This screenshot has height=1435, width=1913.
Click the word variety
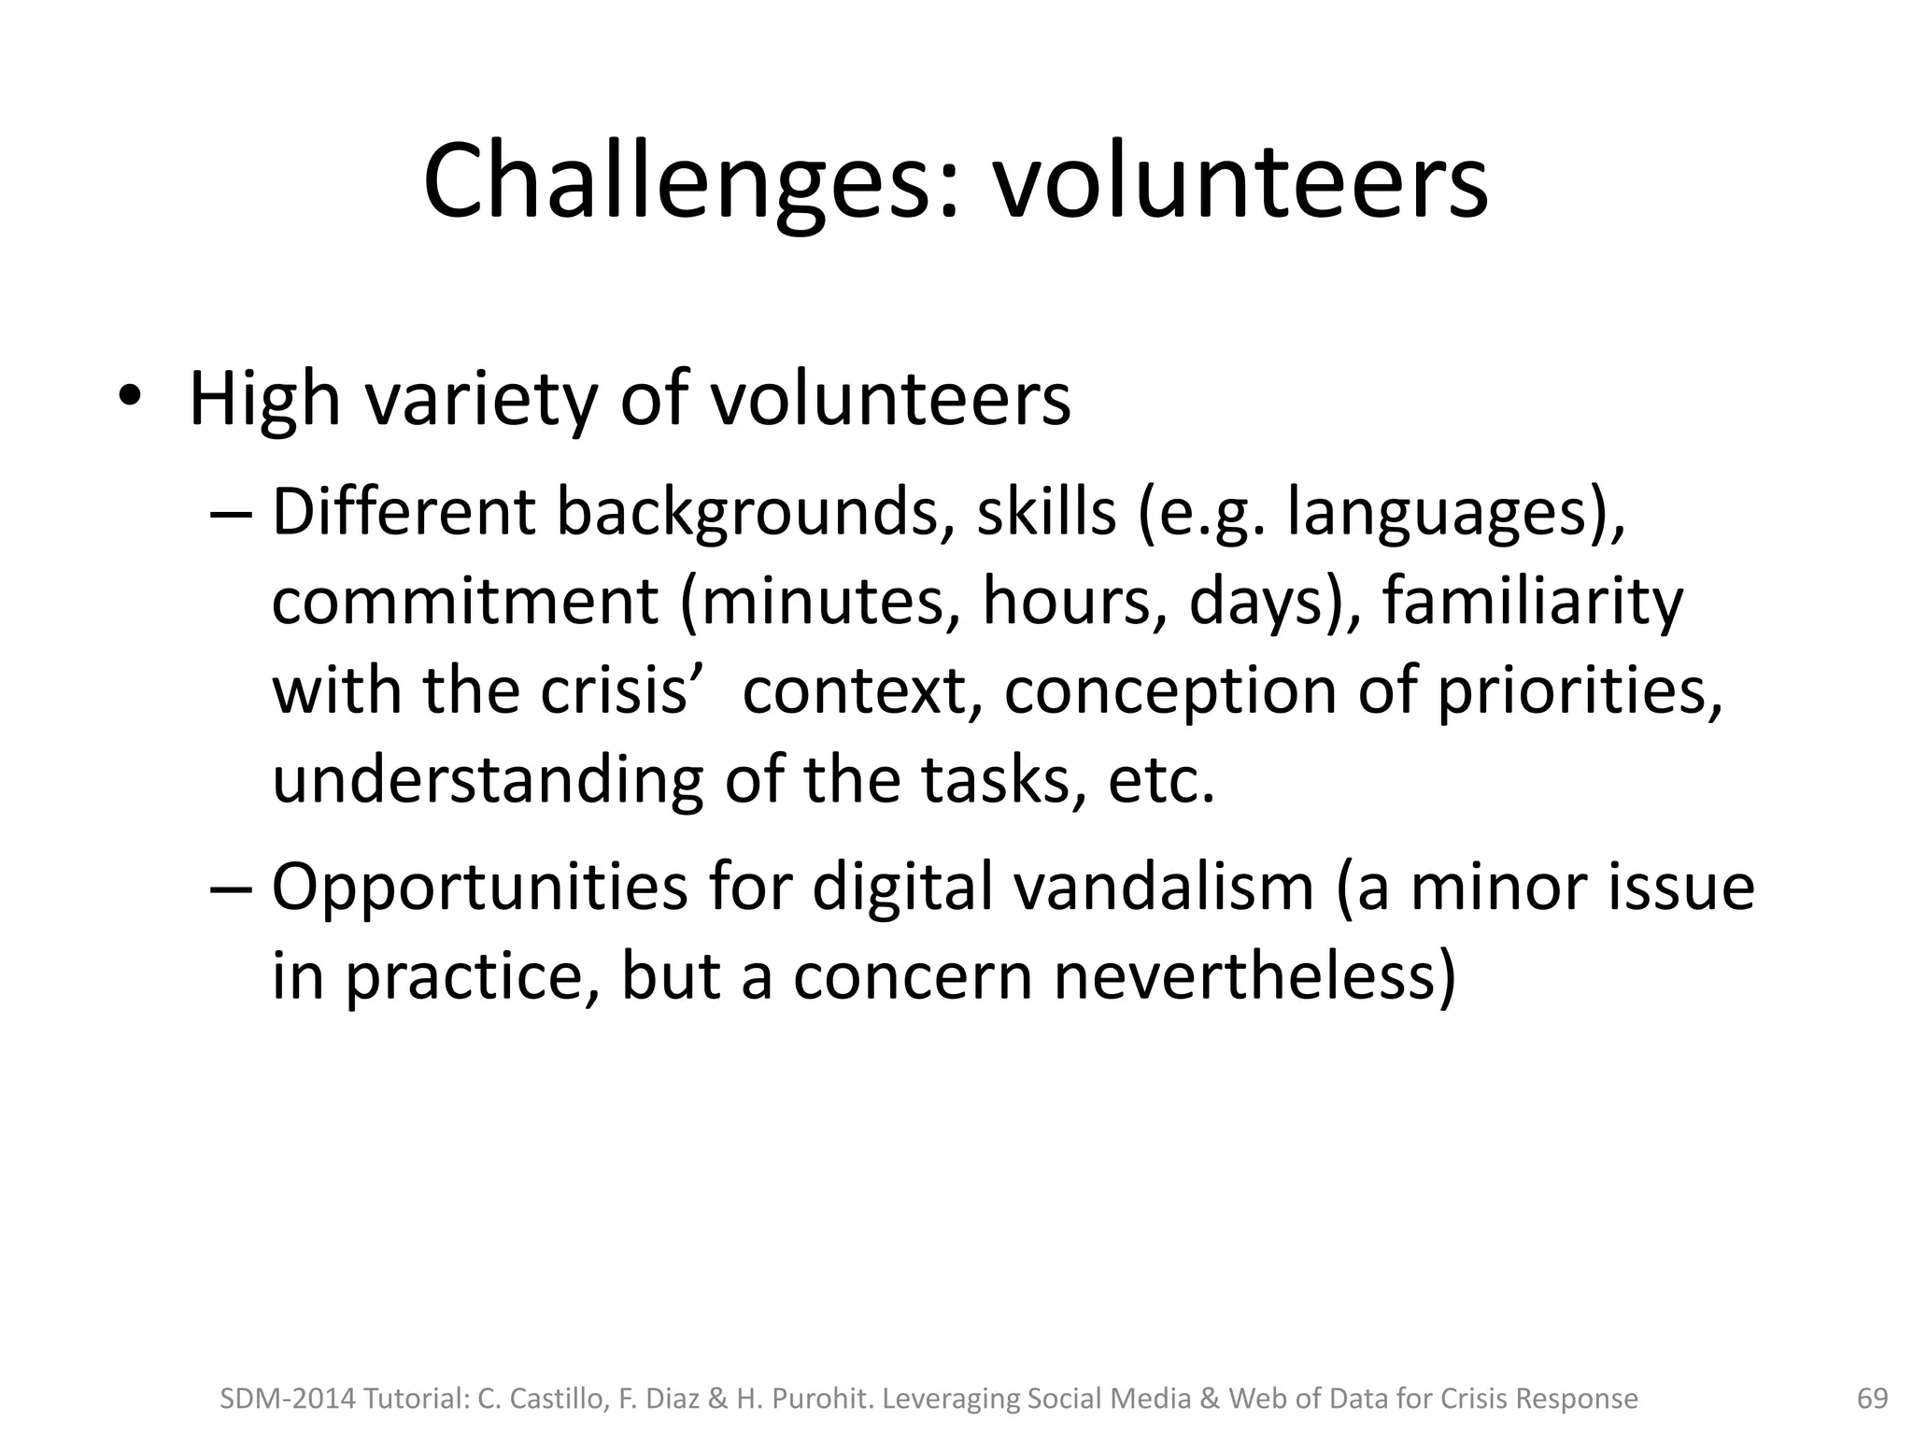(x=480, y=400)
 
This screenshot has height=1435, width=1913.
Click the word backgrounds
(x=747, y=514)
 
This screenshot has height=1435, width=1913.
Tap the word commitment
(x=465, y=602)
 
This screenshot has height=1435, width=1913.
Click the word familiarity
(x=1532, y=602)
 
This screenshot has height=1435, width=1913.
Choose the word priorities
(x=1579, y=691)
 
